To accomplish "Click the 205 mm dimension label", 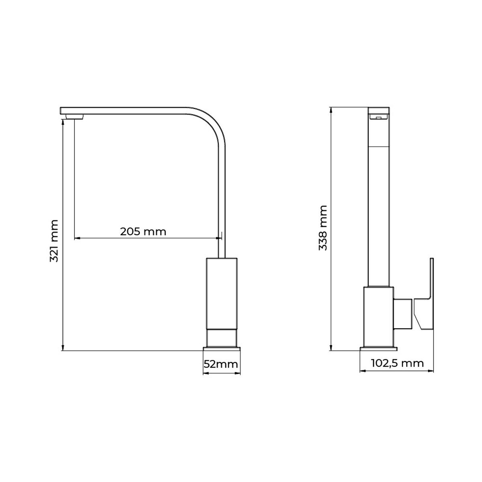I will tap(143, 232).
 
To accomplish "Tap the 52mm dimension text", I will tap(221, 364).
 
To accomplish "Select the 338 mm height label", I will tap(323, 228).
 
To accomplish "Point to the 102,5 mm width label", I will tap(397, 364).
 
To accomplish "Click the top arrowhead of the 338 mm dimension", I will tap(331, 110).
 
